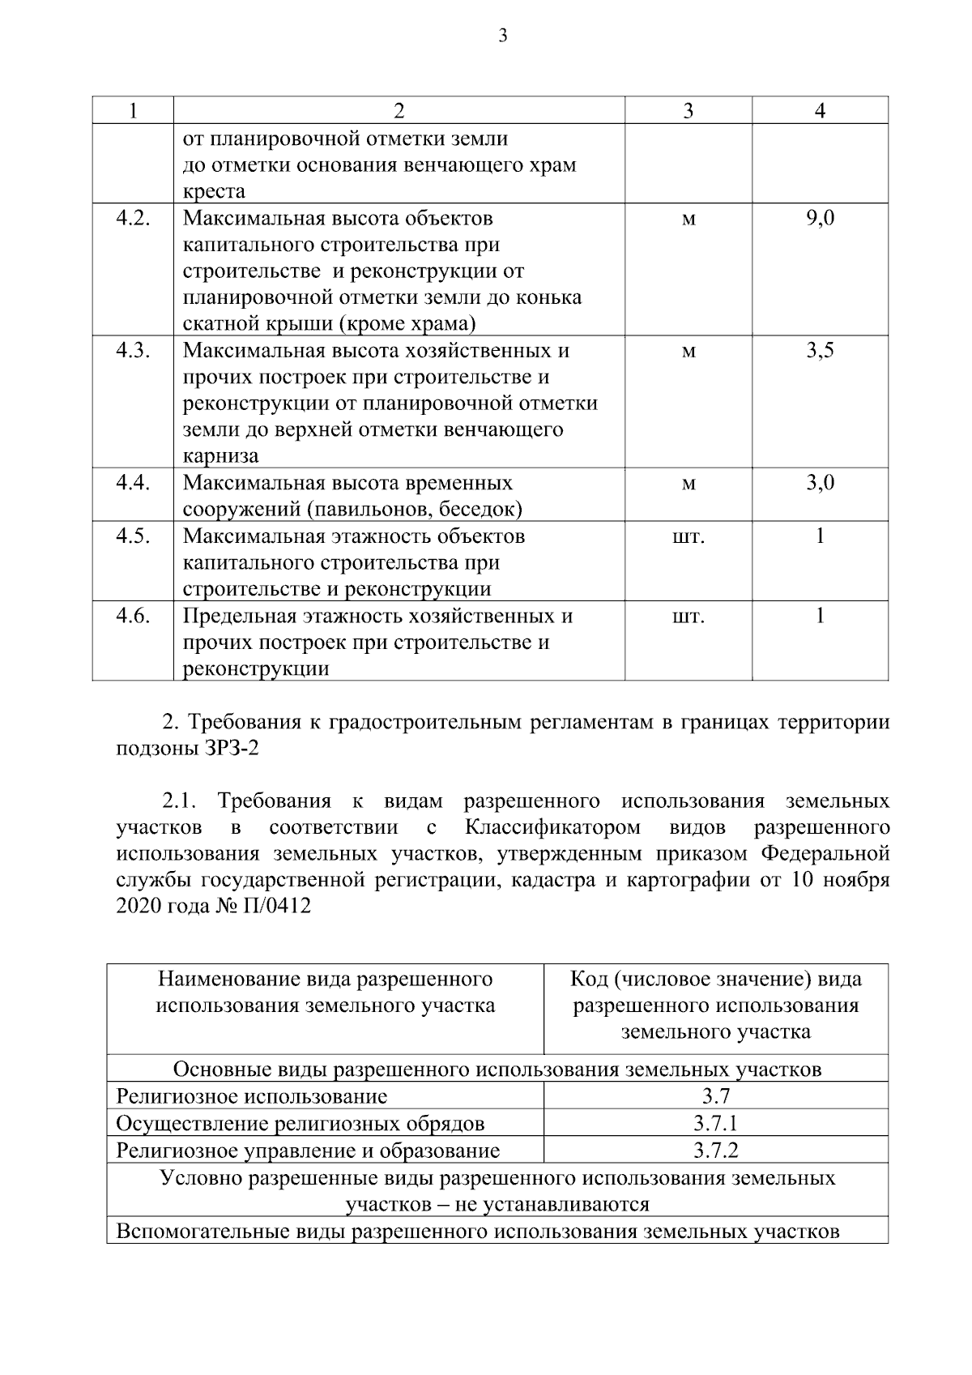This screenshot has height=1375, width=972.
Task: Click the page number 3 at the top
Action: (503, 36)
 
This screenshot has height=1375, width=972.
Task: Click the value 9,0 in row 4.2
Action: (820, 219)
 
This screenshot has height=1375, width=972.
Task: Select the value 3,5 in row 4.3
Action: (820, 351)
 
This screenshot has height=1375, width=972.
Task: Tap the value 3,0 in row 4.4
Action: (820, 484)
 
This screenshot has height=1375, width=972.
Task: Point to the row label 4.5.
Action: (133, 536)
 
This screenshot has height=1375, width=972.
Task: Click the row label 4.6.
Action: (133, 616)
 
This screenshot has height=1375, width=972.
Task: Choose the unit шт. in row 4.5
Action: (688, 537)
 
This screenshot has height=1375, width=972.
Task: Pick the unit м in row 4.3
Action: (688, 352)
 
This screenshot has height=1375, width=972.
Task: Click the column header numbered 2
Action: (399, 110)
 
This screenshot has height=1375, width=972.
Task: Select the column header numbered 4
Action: (820, 110)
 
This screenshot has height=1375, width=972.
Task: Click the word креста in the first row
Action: (214, 192)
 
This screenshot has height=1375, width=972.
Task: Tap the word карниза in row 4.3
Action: (220, 456)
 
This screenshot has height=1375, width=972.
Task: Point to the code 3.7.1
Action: (715, 1124)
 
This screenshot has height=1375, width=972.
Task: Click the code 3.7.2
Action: (715, 1151)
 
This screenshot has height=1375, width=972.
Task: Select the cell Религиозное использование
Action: (252, 1097)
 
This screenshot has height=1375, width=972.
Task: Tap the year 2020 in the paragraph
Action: (139, 907)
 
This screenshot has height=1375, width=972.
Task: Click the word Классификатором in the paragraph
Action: (552, 828)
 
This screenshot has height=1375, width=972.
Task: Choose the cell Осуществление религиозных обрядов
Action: (301, 1124)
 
